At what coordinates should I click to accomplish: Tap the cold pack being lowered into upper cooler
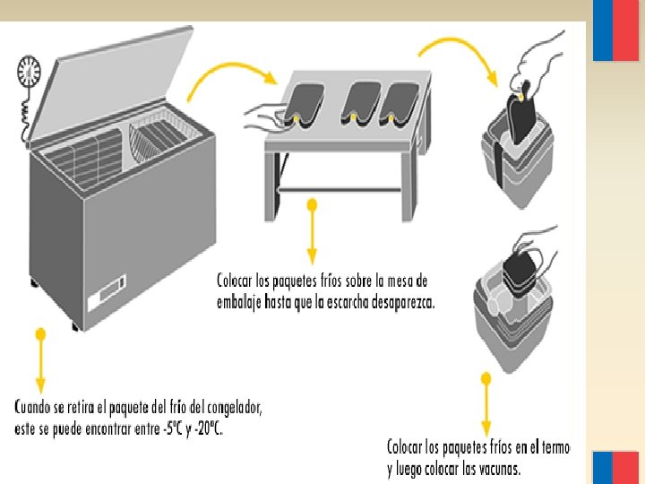click(x=520, y=112)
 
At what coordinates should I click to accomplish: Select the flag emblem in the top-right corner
click(x=615, y=31)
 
